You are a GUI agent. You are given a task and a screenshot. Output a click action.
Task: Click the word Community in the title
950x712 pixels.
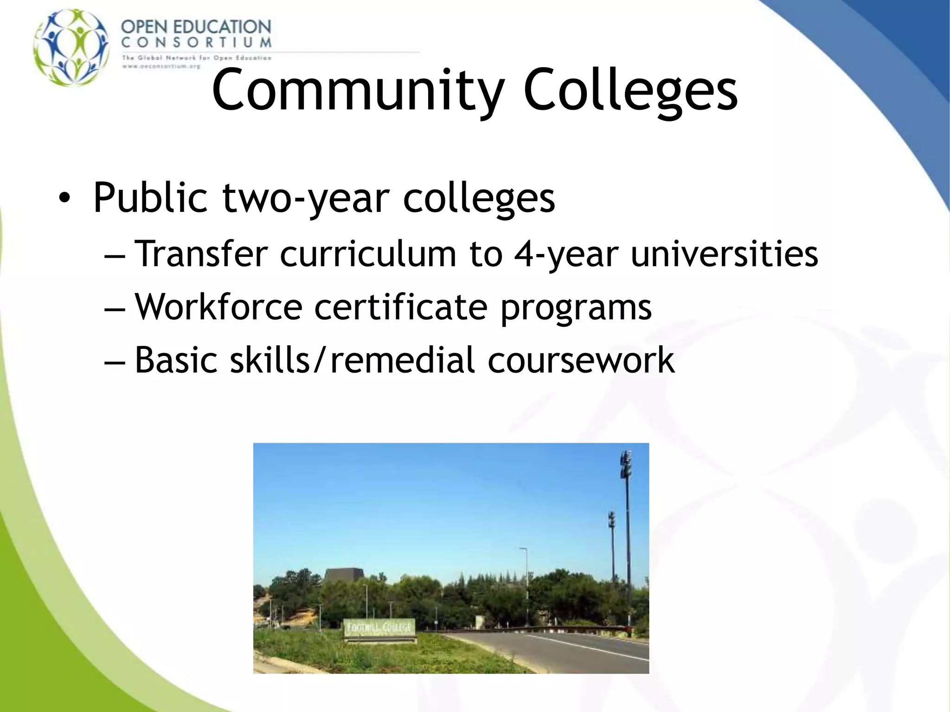point(358,90)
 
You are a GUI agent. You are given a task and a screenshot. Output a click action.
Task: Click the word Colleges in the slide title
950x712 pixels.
point(630,90)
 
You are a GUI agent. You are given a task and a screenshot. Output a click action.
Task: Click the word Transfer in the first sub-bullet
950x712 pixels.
point(201,254)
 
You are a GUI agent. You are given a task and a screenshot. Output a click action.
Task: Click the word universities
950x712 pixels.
point(724,254)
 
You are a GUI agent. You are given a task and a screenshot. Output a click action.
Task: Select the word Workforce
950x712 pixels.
point(218,307)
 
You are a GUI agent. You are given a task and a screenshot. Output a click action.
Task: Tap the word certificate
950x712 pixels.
point(401,307)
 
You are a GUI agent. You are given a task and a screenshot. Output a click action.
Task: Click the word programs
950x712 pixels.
point(576,308)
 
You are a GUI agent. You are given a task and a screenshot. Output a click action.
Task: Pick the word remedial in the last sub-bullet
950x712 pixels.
point(402,360)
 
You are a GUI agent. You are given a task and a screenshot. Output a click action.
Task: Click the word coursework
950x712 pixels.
point(581,360)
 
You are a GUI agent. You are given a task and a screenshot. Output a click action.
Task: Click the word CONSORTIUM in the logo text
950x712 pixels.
point(196,43)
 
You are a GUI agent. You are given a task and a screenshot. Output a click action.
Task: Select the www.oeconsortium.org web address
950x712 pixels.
point(161,66)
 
